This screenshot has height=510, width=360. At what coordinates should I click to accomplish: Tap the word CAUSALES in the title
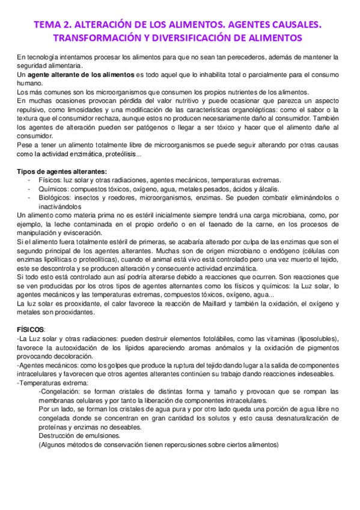[295, 25]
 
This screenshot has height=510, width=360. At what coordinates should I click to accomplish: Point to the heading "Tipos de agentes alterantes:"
[53, 172]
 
